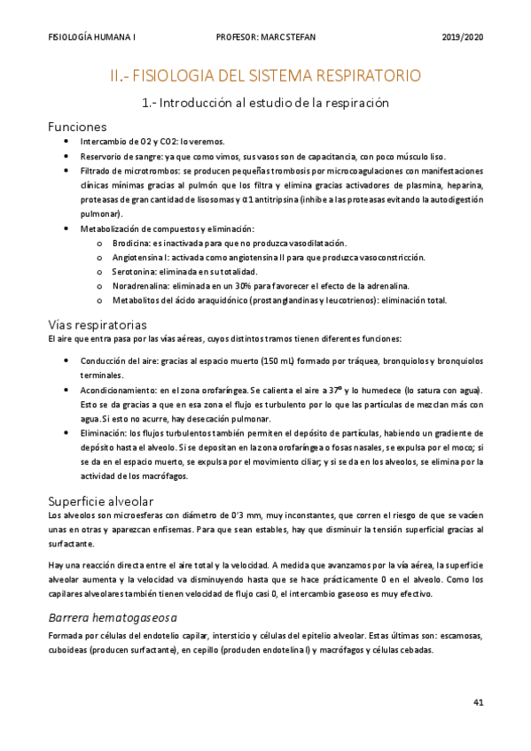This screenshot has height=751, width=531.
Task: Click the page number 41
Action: pyautogui.click(x=478, y=702)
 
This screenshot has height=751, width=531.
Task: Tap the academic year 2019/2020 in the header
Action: pyautogui.click(x=462, y=37)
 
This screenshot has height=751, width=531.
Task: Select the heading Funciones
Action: pyautogui.click(x=77, y=127)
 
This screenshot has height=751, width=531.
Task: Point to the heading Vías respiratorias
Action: pyautogui.click(x=98, y=323)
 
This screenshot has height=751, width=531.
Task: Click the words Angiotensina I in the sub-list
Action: pyautogui.click(x=138, y=257)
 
